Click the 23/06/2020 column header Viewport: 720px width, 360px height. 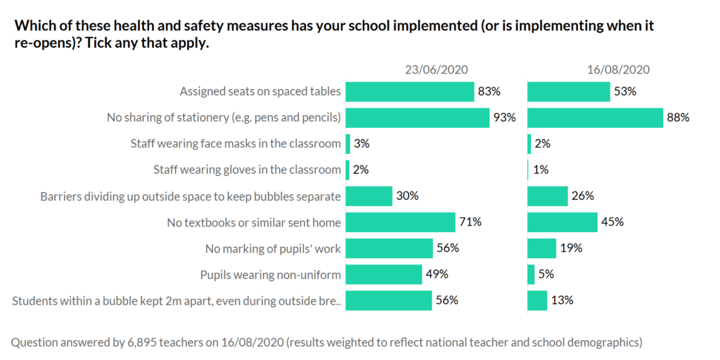pos(436,70)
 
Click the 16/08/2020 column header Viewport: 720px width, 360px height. pos(619,70)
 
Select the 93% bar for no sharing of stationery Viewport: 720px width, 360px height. pos(418,117)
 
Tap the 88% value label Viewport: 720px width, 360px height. pos(678,117)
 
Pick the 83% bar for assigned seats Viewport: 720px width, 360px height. pos(410,91)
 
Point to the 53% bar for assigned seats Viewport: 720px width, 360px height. pos(569,91)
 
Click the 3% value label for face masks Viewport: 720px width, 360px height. pos(361,143)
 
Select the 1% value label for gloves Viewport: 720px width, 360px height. pos(541,169)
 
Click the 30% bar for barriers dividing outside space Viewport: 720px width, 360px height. pos(369,196)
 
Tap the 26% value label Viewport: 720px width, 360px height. pos(583,196)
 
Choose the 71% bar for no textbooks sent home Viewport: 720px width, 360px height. pos(401,222)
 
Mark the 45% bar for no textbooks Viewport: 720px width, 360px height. pos(562,222)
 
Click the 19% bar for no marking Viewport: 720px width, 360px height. pos(541,248)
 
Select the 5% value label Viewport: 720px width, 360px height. pos(546,274)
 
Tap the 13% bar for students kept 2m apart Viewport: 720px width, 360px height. pos(537,300)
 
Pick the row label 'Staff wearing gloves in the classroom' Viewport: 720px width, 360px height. pos(247,169)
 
